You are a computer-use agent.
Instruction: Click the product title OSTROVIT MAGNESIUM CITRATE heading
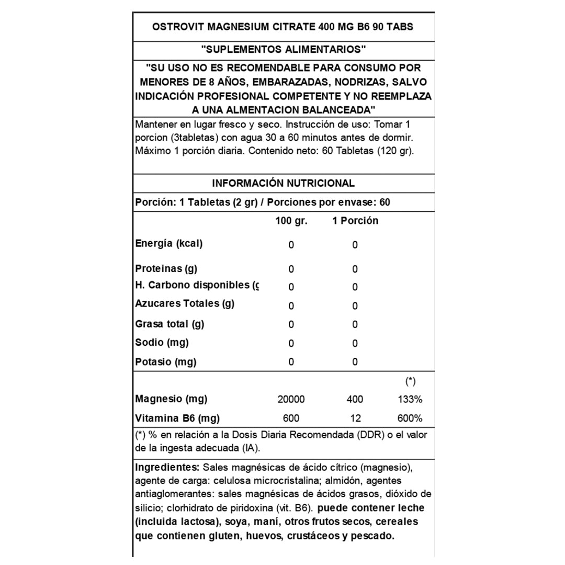[283, 27]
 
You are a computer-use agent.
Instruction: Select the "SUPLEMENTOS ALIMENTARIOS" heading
[283, 49]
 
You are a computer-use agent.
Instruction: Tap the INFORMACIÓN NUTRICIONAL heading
[283, 183]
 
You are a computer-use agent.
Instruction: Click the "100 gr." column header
[291, 221]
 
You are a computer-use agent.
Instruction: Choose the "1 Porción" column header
[355, 221]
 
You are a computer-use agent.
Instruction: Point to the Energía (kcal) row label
[168, 244]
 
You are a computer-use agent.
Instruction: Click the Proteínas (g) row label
[166, 269]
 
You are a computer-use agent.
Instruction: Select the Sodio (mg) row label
[162, 343]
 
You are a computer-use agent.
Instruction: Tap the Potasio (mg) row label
[165, 362]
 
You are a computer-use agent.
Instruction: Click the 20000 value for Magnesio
[291, 400]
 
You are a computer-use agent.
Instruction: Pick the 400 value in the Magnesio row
[355, 400]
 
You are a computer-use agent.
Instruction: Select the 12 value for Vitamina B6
[355, 419]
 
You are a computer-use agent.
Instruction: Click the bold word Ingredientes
[167, 467]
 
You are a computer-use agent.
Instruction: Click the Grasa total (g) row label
[169, 324]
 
